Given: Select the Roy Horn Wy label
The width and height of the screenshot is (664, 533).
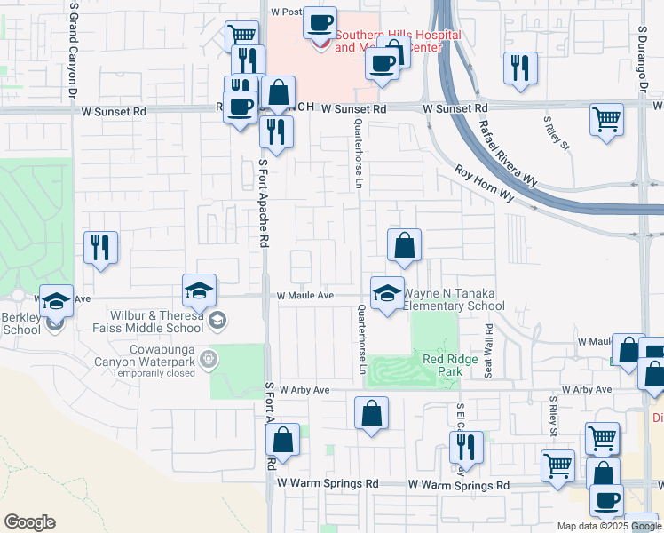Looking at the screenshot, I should coord(484,182).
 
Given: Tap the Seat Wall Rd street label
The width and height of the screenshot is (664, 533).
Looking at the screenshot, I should coord(488,350).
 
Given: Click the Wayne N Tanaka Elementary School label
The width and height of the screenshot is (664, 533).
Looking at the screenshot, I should coord(454,299).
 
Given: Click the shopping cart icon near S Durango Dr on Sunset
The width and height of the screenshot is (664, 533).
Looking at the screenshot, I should coord(606,118).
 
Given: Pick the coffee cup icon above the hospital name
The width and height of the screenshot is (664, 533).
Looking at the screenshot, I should coord(320,21).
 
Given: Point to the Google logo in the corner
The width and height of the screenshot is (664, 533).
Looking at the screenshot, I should coord(29,522).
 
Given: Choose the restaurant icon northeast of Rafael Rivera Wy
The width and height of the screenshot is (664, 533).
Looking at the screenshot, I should coord(520,68).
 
